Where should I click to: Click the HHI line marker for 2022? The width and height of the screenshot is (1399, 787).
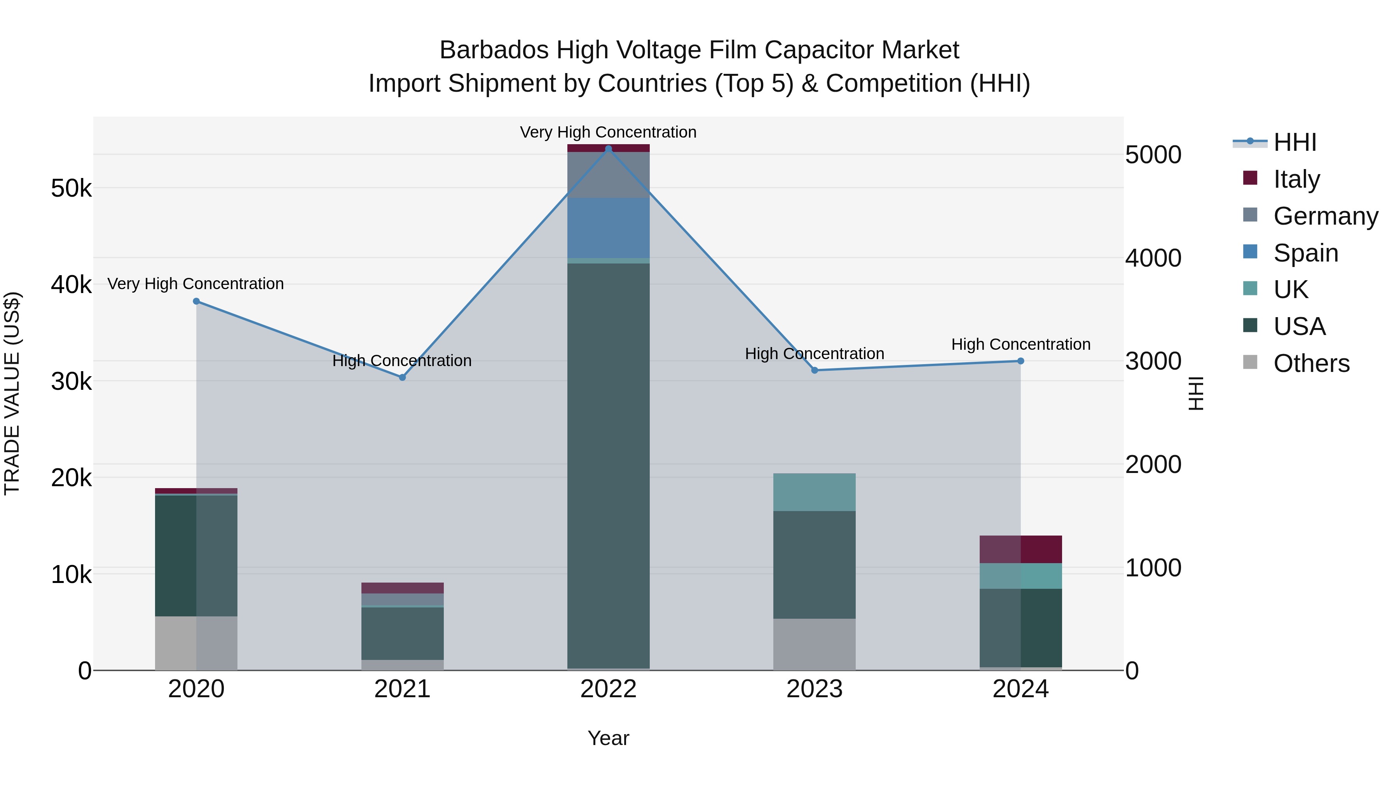[608, 149]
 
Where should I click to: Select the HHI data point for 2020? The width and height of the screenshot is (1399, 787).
[197, 302]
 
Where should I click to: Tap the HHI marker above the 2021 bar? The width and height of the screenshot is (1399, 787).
[403, 377]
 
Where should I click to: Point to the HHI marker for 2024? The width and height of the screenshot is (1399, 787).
[1020, 361]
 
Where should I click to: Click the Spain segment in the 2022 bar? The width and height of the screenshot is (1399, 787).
[608, 228]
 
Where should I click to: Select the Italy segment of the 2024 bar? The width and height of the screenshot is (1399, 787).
[1020, 549]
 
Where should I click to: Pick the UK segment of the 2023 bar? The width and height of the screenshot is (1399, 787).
[814, 492]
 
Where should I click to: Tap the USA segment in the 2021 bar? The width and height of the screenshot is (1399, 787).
[403, 633]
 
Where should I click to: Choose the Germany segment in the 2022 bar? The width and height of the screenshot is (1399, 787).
[608, 175]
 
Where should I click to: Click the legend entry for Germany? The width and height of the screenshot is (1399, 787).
[1325, 216]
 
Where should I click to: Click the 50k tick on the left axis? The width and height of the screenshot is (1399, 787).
[71, 188]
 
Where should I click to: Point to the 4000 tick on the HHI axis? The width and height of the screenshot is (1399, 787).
[1153, 258]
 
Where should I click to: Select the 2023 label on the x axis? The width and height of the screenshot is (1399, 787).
[814, 689]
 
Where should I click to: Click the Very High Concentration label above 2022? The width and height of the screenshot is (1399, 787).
[608, 132]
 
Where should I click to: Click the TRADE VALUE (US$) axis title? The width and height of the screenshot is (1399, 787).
[12, 393]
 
